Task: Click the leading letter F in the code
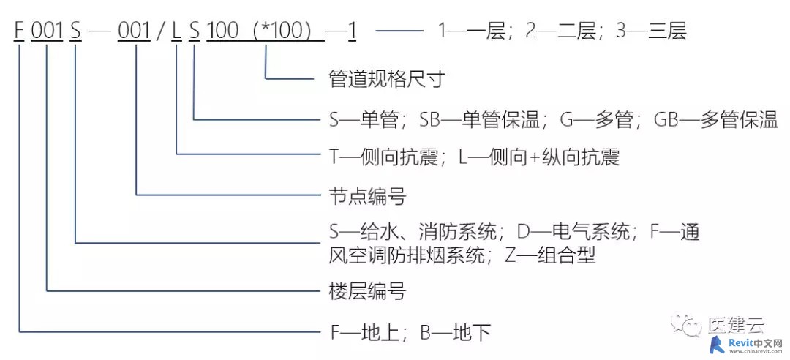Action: coord(19,31)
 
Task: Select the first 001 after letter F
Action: coord(47,31)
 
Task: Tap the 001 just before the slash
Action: coord(134,31)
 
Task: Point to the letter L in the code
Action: coord(176,31)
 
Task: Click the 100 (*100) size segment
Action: coord(265,31)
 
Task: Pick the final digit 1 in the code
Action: coord(352,31)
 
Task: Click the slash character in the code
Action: coord(161,31)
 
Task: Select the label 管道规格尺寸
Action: coord(386,79)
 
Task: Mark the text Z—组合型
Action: coord(551,256)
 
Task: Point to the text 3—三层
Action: coord(652,31)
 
